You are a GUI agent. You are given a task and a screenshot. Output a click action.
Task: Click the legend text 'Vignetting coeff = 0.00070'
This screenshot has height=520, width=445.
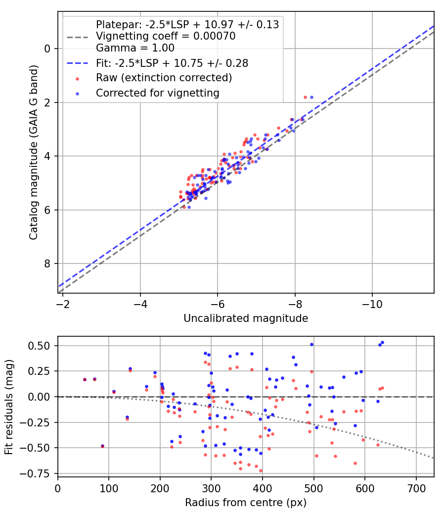coord(166,36)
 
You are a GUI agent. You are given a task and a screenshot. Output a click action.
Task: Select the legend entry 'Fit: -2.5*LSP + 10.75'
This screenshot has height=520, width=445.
coord(172,63)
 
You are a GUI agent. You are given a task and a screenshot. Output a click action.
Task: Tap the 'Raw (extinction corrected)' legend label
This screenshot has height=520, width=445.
coord(164,78)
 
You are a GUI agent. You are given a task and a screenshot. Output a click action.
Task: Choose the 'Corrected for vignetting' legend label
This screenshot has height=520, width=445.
coord(158,93)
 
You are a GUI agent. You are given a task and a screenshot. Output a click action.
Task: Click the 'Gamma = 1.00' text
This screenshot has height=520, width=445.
coord(135,48)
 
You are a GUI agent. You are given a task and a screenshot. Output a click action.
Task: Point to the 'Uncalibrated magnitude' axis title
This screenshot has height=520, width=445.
coord(246,318)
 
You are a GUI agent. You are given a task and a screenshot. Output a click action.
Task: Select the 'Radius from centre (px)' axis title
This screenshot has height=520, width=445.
coord(246,503)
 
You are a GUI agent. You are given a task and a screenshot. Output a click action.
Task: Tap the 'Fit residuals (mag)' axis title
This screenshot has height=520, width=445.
coord(9,407)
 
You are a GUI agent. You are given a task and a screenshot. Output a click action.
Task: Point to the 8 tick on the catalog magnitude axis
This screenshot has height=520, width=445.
coord(47,264)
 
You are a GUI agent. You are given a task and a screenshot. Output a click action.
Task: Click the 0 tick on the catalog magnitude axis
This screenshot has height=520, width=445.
coord(47,49)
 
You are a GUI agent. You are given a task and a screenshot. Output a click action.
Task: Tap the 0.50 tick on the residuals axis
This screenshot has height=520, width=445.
coord(42,345)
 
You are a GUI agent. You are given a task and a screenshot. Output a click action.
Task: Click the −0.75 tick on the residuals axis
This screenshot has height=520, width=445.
coord(39,473)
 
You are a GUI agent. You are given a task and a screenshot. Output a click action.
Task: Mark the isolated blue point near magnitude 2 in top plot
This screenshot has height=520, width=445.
coord(311,97)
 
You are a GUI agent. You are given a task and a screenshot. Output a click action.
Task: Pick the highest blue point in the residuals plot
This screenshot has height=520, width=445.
coord(382,342)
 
